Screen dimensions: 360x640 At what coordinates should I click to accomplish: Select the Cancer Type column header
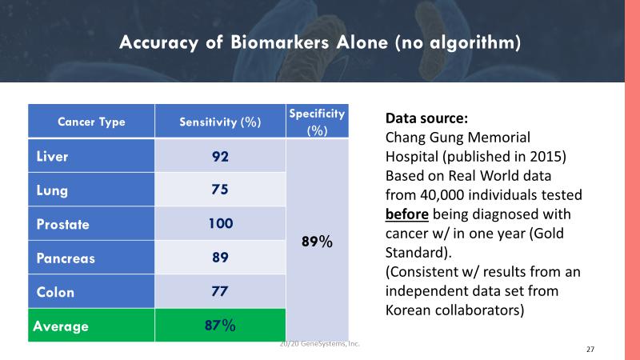tap(90, 122)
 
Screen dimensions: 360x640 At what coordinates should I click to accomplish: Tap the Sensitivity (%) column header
tap(220, 122)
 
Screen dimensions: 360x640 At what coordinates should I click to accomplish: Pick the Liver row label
tap(53, 156)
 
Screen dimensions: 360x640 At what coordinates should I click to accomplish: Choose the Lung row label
tap(52, 190)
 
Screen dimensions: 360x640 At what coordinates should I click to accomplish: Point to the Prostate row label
tap(62, 224)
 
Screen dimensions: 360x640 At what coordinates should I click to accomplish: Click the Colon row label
tap(55, 292)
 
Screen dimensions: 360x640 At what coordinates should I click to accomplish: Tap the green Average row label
tap(61, 326)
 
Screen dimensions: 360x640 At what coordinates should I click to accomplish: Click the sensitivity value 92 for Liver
tap(220, 156)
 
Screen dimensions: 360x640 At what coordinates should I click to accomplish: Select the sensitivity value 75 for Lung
tap(220, 190)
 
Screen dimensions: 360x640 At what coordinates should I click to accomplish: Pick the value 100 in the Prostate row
tap(220, 224)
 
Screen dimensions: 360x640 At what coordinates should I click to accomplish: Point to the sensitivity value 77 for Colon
tap(220, 292)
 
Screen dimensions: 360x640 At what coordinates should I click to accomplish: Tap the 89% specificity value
tap(316, 240)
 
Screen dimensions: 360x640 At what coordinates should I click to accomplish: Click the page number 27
tap(590, 350)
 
